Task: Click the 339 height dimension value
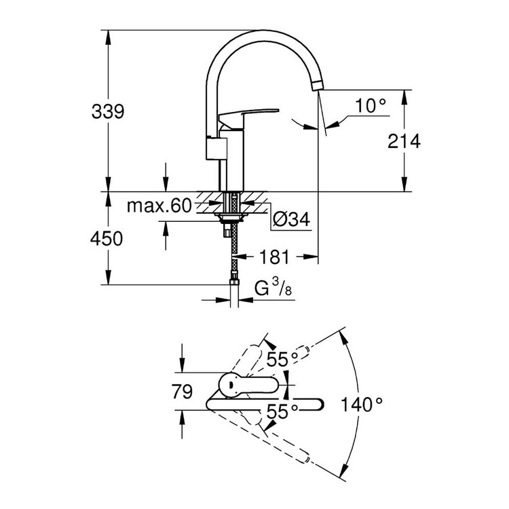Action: [108, 111]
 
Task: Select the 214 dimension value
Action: [404, 141]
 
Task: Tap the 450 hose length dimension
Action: [108, 239]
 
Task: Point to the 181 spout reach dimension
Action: [275, 257]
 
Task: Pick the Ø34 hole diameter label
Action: [290, 219]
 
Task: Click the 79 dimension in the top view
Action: [182, 392]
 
